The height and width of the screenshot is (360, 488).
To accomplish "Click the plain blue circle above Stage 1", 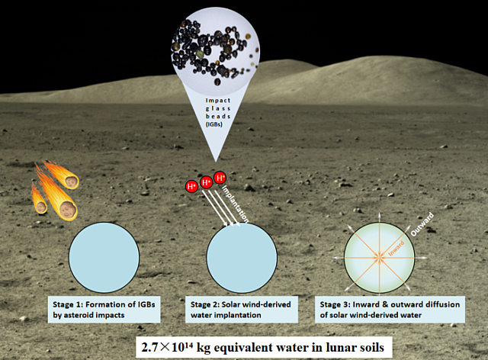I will point(104,256).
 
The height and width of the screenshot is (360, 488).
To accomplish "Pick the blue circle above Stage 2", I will point(242,256).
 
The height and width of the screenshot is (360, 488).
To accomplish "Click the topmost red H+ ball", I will point(221,178).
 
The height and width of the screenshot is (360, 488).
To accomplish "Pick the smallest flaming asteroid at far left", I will point(39,200).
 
